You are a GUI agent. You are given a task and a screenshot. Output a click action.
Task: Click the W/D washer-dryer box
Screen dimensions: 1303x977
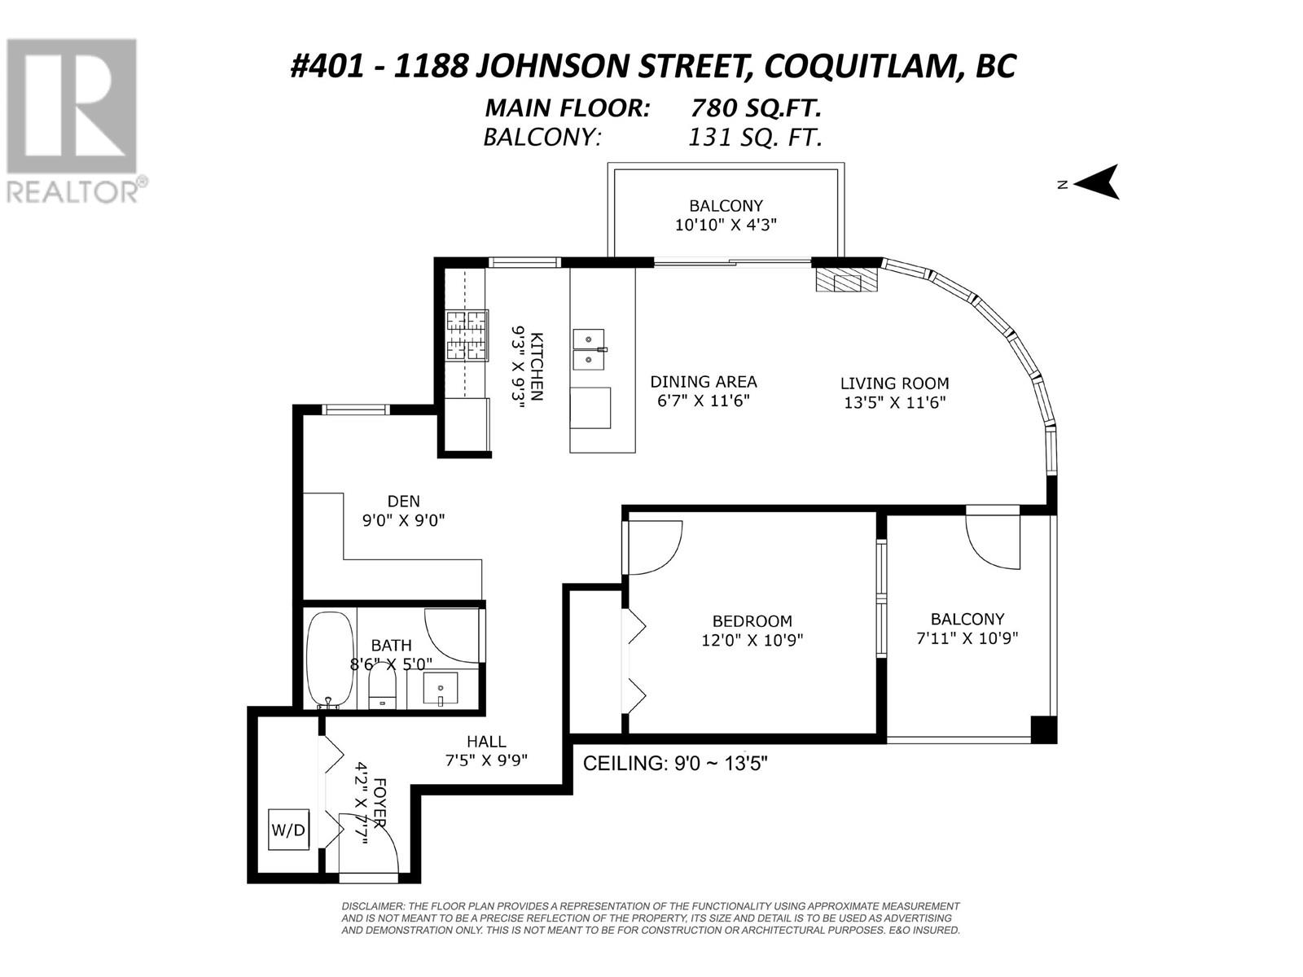pos(288,830)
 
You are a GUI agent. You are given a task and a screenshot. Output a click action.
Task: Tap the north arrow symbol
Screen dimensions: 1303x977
pos(1096,182)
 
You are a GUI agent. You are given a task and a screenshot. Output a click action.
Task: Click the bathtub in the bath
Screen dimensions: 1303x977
pos(331,660)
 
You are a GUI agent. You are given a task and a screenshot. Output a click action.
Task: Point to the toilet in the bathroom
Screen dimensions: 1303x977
pos(383,686)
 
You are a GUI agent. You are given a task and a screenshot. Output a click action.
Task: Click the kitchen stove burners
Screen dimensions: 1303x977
pos(467,335)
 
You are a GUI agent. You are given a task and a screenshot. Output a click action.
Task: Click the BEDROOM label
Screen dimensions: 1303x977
pos(752,621)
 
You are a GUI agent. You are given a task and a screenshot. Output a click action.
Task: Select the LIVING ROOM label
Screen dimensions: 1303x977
pos(894,383)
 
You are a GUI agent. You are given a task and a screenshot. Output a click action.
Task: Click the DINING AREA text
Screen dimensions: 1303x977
pos(704,381)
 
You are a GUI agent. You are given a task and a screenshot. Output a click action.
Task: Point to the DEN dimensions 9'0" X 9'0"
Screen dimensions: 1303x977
pos(404,520)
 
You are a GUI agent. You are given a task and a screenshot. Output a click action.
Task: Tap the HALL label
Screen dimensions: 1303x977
pos(486,741)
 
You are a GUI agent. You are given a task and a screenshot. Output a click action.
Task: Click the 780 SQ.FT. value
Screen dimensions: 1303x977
pos(756,108)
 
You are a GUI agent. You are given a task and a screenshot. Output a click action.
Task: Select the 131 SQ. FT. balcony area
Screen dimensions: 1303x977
pos(755,138)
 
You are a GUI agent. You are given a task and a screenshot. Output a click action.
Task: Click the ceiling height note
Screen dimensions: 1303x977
pos(676,763)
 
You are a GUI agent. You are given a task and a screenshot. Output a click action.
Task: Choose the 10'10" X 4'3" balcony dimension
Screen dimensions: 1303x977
pos(726,225)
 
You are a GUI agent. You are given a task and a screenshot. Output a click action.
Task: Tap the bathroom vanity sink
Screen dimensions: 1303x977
pos(441,687)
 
